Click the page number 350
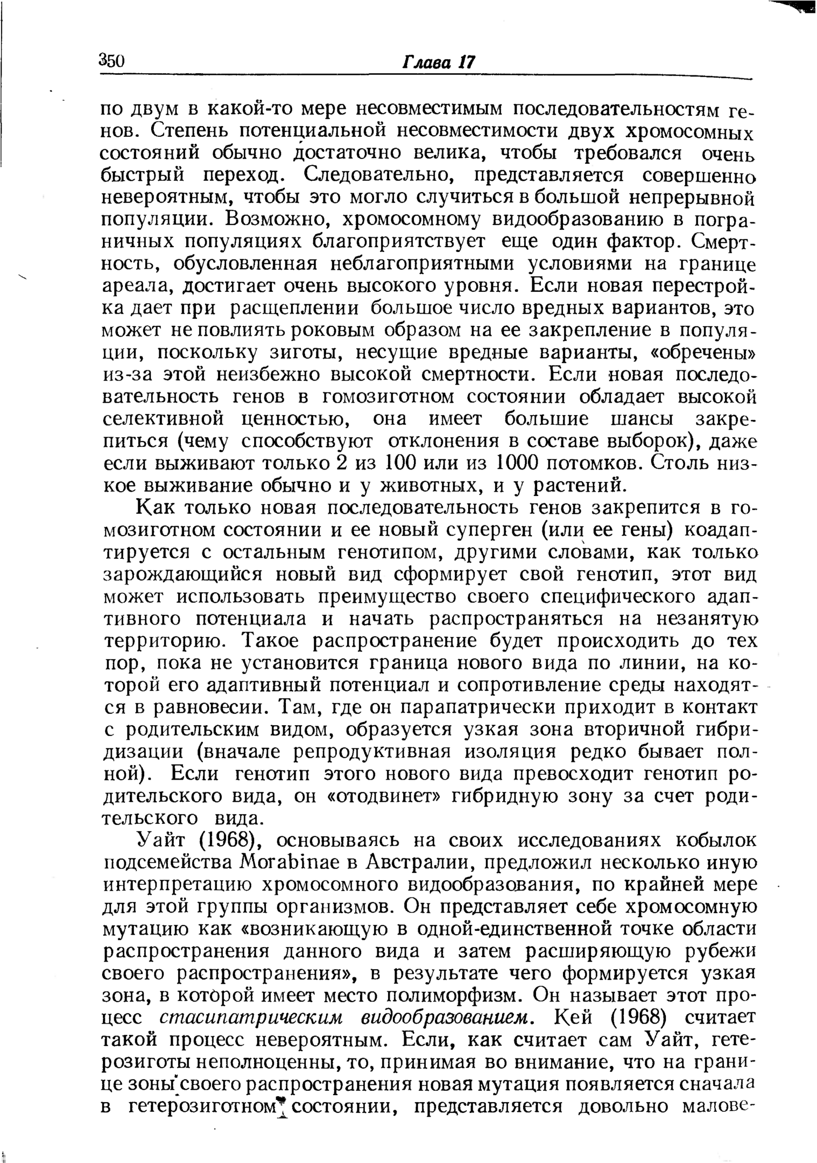pyautogui.click(x=112, y=60)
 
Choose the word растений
pyautogui.click(x=579, y=486)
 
